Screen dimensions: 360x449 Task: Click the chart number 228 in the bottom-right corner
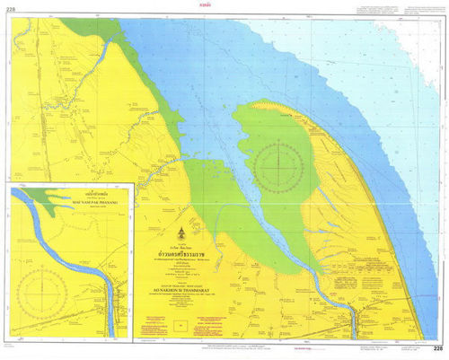click(436, 348)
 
